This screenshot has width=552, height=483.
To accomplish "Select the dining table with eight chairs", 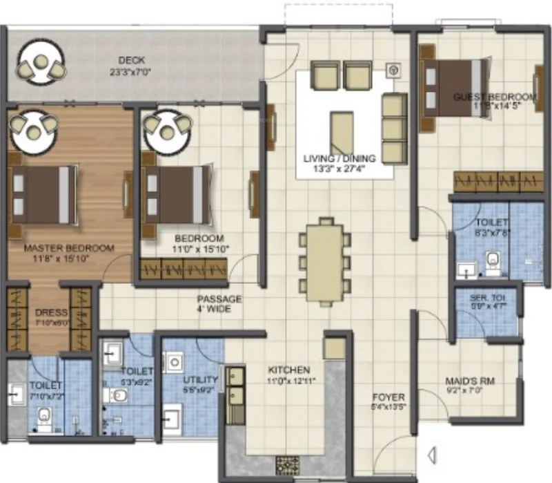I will coord(325,261).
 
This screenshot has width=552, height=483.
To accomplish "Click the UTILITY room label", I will coord(200,380).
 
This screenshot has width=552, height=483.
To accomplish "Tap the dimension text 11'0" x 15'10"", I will coord(201,249).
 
